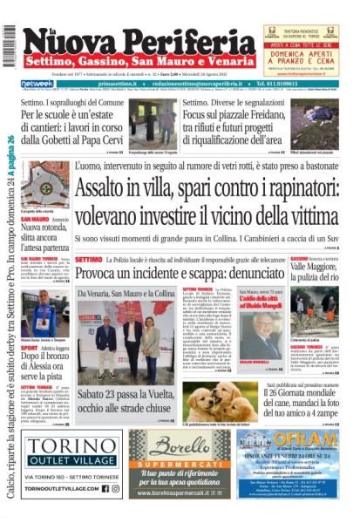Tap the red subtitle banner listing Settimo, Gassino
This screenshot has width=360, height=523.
[x=140, y=64]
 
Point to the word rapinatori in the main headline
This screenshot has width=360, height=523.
[x=296, y=189]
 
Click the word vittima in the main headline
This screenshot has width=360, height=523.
[x=306, y=214]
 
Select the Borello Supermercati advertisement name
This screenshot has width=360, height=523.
[x=181, y=445]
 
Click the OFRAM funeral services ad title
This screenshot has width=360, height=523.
[x=295, y=439]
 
